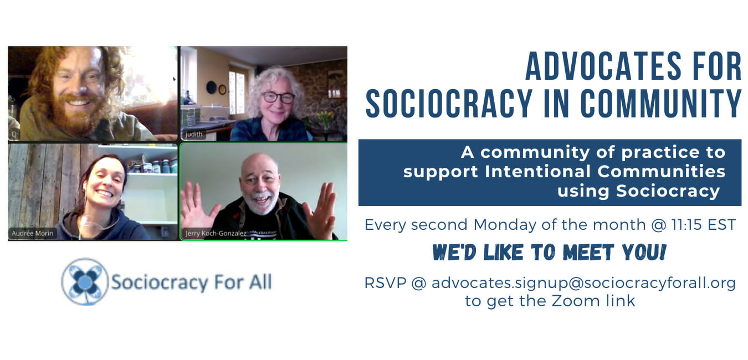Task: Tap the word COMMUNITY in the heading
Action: pos(661,104)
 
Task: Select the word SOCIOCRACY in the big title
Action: pos(449,104)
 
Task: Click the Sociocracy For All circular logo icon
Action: pos(85,282)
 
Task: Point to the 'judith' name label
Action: pos(194,134)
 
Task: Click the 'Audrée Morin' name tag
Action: pos(32,233)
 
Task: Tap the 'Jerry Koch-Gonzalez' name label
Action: pos(216,233)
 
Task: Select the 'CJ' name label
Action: pos(14,134)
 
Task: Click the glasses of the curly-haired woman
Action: pos(278,97)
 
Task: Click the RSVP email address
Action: pos(583,283)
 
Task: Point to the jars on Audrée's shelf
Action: pos(153,166)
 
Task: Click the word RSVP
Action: pos(385,283)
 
